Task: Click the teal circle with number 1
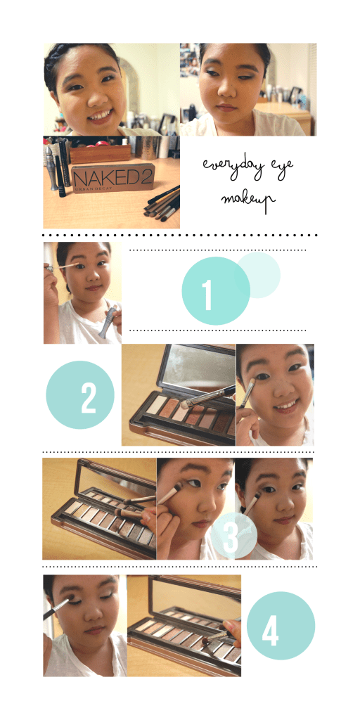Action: point(216,290)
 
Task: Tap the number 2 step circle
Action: point(79,394)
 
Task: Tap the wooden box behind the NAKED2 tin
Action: point(101,153)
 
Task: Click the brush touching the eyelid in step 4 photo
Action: point(54,607)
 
